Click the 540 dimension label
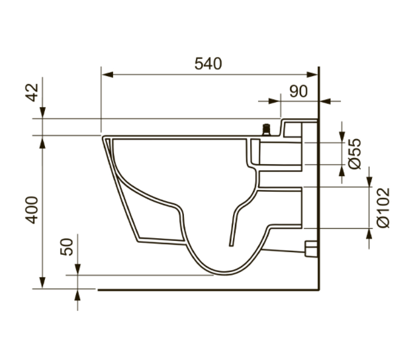point(208,64)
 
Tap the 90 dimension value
point(299,91)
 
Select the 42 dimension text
point(32,93)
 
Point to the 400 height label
point(32,210)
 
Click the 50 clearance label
point(67,247)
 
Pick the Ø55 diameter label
point(355,154)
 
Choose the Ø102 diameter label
point(383,208)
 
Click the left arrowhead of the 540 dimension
point(107,75)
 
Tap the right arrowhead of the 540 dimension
point(312,75)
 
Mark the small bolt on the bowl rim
point(266,130)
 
